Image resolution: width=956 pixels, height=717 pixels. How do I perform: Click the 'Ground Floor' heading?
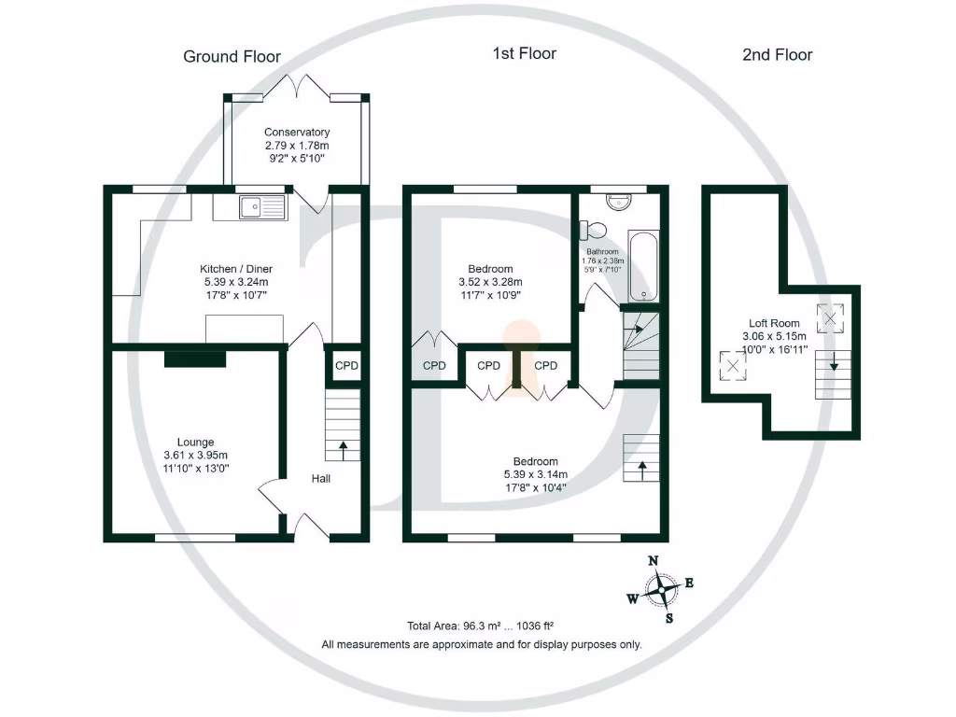[232, 57]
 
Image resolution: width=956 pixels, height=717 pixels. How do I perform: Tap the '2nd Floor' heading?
[777, 55]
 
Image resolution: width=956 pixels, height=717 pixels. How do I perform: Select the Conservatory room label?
[296, 133]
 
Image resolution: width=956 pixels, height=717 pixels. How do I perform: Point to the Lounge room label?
[196, 443]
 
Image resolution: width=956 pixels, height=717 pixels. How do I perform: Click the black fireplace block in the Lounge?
[195, 358]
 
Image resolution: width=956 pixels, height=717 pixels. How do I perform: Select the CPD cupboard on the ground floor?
[346, 366]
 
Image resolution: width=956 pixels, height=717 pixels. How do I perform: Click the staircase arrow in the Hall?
[343, 451]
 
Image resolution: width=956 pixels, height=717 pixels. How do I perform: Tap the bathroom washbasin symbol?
[619, 200]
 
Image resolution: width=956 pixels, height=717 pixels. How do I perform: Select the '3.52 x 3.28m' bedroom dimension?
[490, 282]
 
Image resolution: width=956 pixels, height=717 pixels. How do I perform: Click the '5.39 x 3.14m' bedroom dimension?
[535, 474]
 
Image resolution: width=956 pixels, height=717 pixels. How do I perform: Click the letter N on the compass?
[654, 560]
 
